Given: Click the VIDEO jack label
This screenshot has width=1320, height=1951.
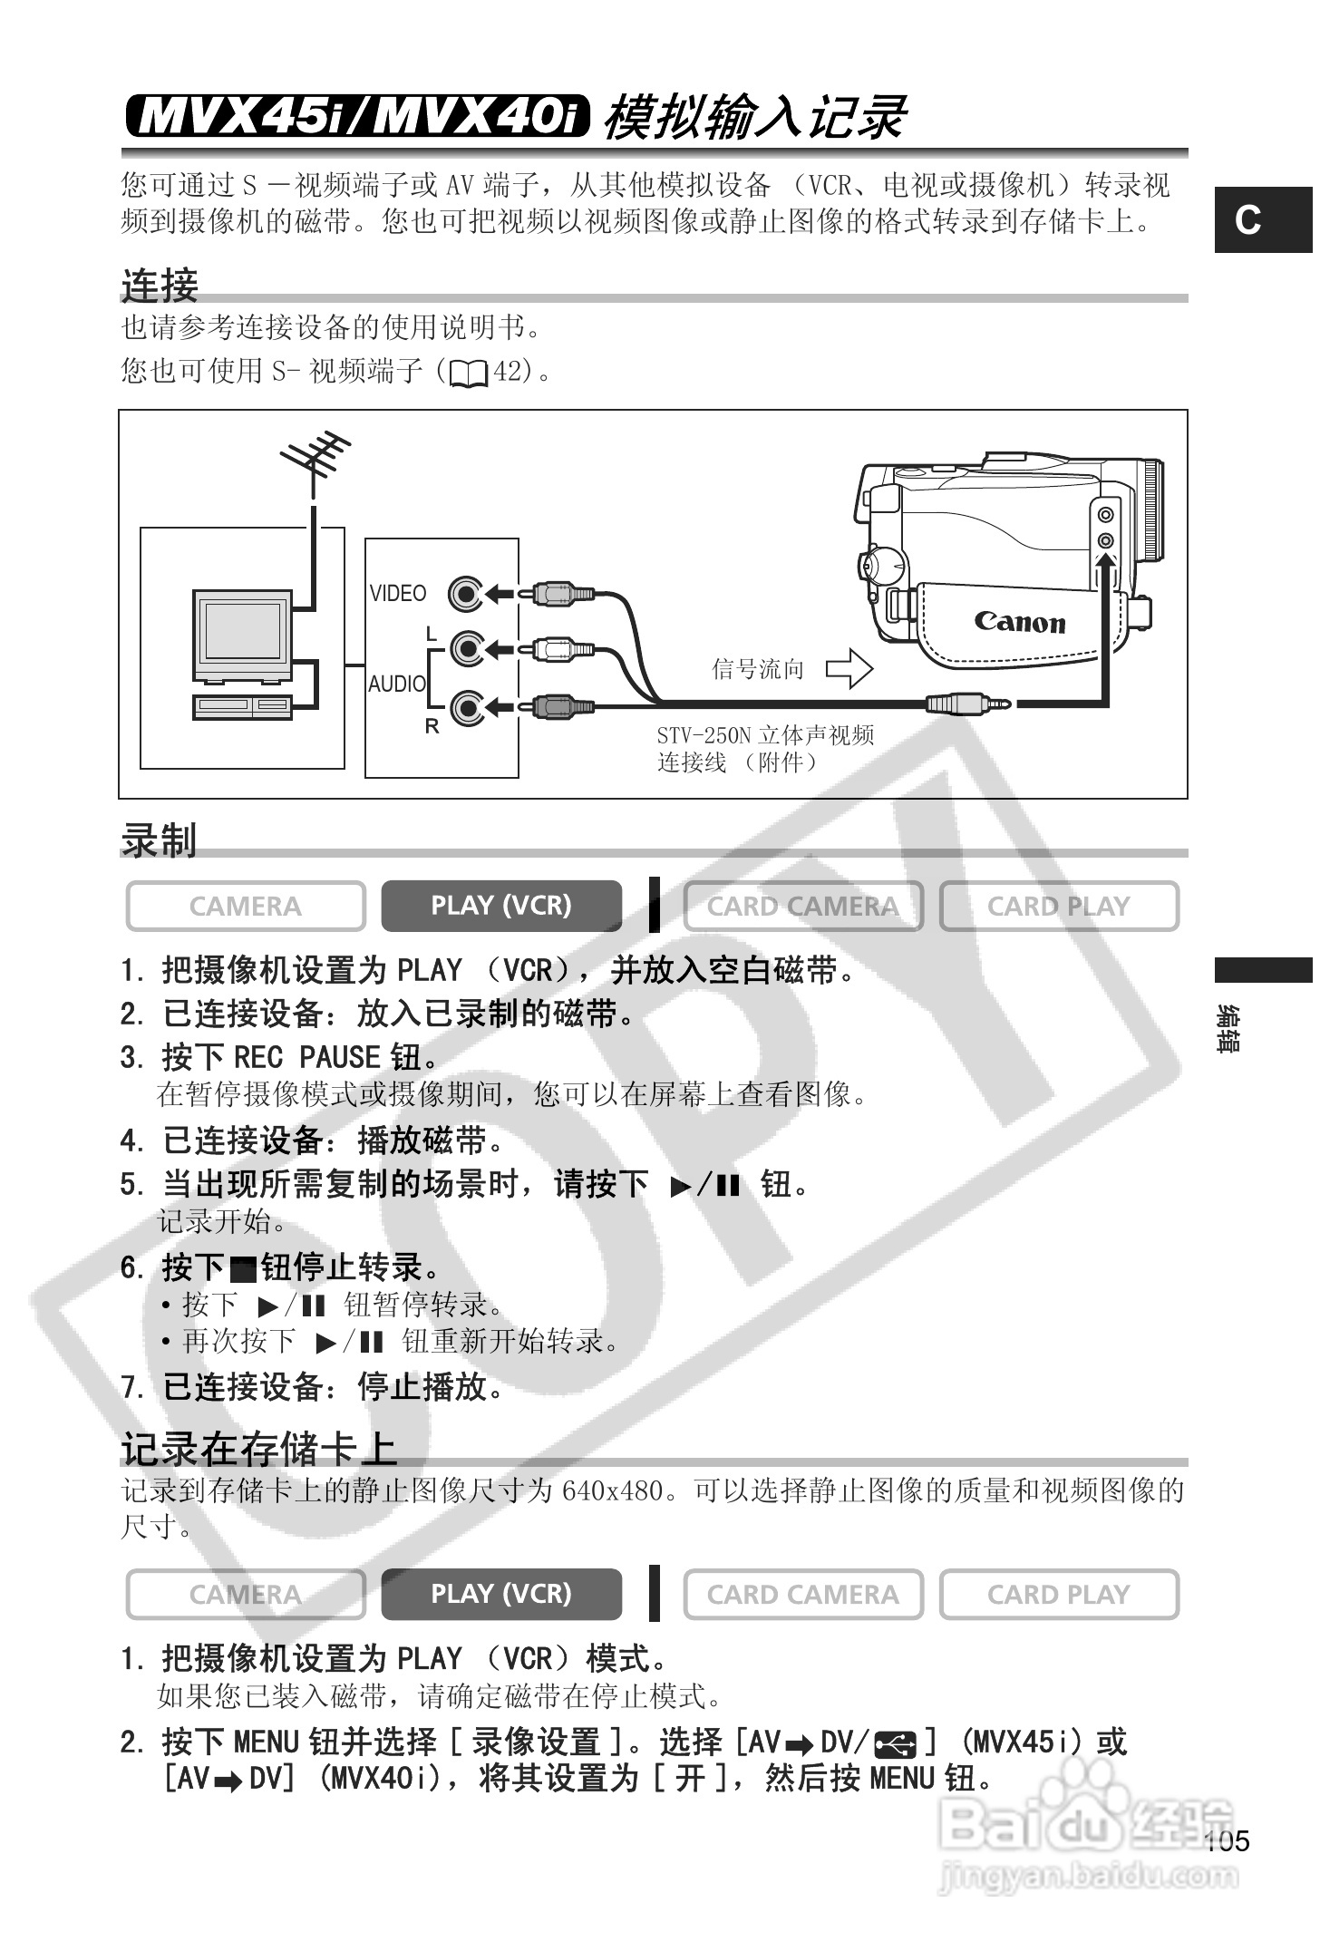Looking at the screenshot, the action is (x=397, y=593).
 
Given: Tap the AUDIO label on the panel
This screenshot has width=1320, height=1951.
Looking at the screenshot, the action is (x=396, y=684).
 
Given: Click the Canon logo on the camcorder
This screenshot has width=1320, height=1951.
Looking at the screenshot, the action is (x=1019, y=622).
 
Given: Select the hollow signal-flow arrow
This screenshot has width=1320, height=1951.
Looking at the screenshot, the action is (x=849, y=669).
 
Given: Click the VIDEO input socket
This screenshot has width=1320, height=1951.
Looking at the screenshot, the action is (x=466, y=594).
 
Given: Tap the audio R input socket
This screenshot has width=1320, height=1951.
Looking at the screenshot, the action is (x=466, y=707).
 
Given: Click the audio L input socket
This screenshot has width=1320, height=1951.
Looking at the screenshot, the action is (x=466, y=649).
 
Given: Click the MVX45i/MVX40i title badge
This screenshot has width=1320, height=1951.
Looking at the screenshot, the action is (x=357, y=116).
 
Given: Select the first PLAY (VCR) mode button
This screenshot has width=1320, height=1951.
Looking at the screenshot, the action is (x=501, y=906).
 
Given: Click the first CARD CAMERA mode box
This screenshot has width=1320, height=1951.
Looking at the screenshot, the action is (x=802, y=906).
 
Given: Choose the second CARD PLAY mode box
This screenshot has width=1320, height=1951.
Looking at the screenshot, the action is (x=1058, y=1594).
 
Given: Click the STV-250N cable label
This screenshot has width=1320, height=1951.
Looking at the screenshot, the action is (x=765, y=748).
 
